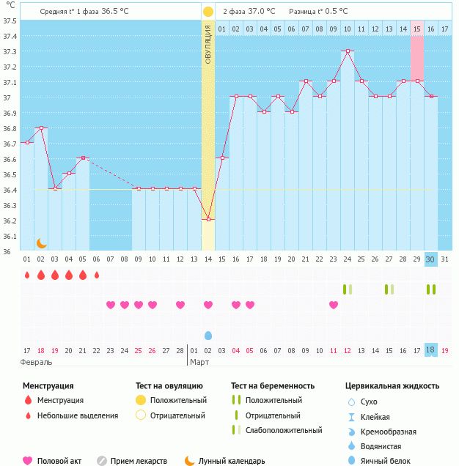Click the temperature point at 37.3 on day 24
pyautogui.click(x=348, y=51)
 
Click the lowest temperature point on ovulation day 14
pyautogui.click(x=208, y=219)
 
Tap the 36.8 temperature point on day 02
pyautogui.click(x=41, y=127)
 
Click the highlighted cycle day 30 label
pyautogui.click(x=431, y=259)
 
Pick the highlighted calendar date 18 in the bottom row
pyautogui.click(x=431, y=350)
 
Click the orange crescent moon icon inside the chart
pyautogui.click(x=42, y=243)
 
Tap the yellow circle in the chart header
pyautogui.click(x=208, y=12)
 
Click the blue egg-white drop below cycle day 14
pyautogui.click(x=208, y=335)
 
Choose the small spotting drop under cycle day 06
pyautogui.click(x=97, y=275)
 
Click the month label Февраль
pyautogui.click(x=36, y=362)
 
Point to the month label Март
pyautogui.click(x=199, y=362)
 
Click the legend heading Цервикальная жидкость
pyautogui.click(x=392, y=385)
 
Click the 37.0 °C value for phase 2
pyautogui.click(x=261, y=12)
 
